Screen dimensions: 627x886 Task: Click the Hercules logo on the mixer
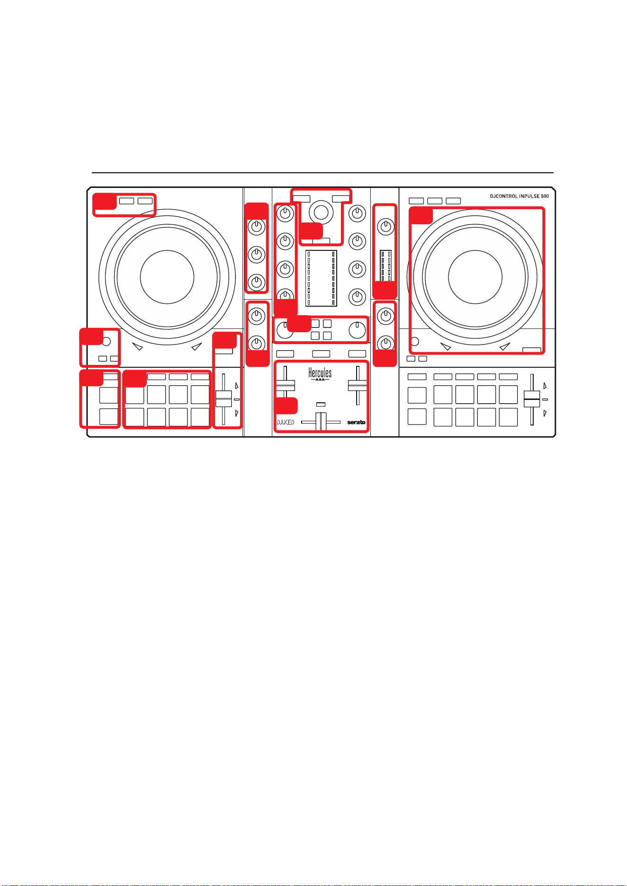(x=320, y=374)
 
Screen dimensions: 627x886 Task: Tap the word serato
(x=356, y=422)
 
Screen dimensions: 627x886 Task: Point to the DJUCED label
(x=286, y=422)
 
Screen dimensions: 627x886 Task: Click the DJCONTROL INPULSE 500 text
(x=519, y=196)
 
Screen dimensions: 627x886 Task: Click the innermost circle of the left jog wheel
(x=167, y=277)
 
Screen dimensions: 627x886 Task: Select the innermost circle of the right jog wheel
(x=475, y=277)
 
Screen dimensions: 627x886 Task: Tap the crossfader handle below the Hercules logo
(x=321, y=421)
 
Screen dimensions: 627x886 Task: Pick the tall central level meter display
(x=321, y=278)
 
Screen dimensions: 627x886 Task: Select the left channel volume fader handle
(x=285, y=385)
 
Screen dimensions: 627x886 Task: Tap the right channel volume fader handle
(x=358, y=385)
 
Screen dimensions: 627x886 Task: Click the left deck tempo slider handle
(x=224, y=399)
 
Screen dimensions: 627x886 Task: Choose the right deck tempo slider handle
(x=532, y=399)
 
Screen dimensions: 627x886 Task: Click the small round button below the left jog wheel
(x=107, y=341)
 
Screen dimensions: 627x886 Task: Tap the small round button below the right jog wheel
(x=415, y=341)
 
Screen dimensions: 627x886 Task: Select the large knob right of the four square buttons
(x=357, y=330)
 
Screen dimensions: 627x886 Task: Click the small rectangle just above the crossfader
(x=321, y=405)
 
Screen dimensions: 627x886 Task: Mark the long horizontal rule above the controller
(x=322, y=173)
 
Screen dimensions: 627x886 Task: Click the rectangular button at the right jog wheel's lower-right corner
(x=531, y=350)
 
